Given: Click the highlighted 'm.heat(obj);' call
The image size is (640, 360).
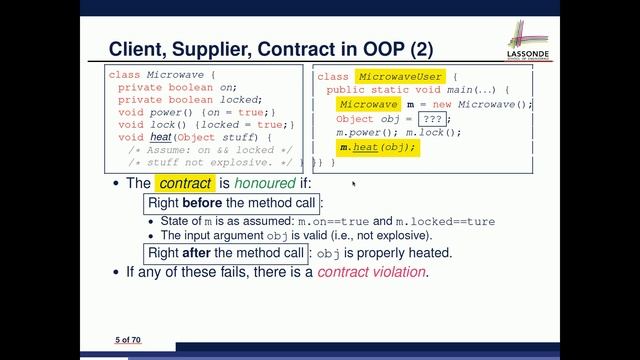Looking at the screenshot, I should click(x=376, y=147).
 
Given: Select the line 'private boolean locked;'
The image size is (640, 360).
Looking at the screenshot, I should click(x=190, y=99).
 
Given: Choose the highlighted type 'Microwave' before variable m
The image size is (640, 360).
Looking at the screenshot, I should click(x=366, y=104).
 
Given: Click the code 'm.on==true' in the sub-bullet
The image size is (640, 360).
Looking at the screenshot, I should click(x=334, y=221).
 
